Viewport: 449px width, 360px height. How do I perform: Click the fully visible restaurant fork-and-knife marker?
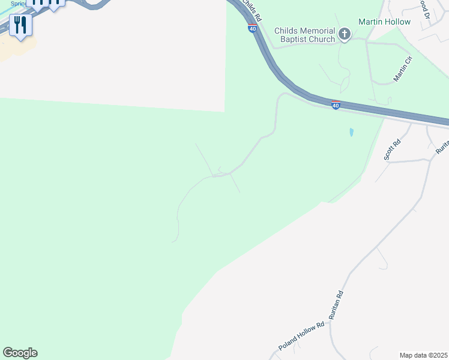click(21, 25)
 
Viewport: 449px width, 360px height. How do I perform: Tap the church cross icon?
click(345, 34)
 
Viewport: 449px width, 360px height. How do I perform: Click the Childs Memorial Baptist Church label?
click(304, 35)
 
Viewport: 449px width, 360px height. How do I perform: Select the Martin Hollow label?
click(384, 22)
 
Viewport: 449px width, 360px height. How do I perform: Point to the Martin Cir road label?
click(403, 69)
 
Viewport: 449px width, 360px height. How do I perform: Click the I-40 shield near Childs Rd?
click(252, 28)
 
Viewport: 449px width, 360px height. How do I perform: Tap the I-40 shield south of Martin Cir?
click(336, 106)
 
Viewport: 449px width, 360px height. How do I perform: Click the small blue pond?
click(351, 131)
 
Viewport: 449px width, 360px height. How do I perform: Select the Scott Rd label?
click(392, 150)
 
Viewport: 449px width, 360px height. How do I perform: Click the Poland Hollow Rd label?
click(301, 337)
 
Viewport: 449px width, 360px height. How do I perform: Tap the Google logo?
click(20, 353)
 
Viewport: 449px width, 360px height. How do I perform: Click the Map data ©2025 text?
click(423, 355)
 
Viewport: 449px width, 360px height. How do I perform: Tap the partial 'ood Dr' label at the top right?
click(426, 6)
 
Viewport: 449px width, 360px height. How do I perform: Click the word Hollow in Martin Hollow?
click(397, 22)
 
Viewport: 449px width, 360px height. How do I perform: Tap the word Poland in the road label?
click(288, 344)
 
